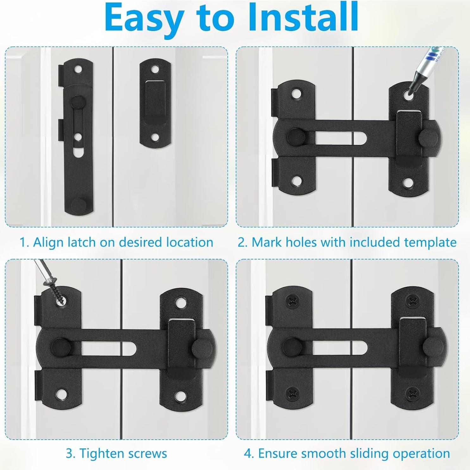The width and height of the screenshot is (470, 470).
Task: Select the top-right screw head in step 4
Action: pos(412,301)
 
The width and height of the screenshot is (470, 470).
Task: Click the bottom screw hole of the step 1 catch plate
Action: pos(155,137)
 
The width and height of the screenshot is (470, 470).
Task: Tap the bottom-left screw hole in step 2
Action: pos(297,181)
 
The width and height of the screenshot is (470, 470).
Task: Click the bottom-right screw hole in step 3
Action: pos(180,395)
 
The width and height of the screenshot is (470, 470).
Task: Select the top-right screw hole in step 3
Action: pos(180,302)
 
